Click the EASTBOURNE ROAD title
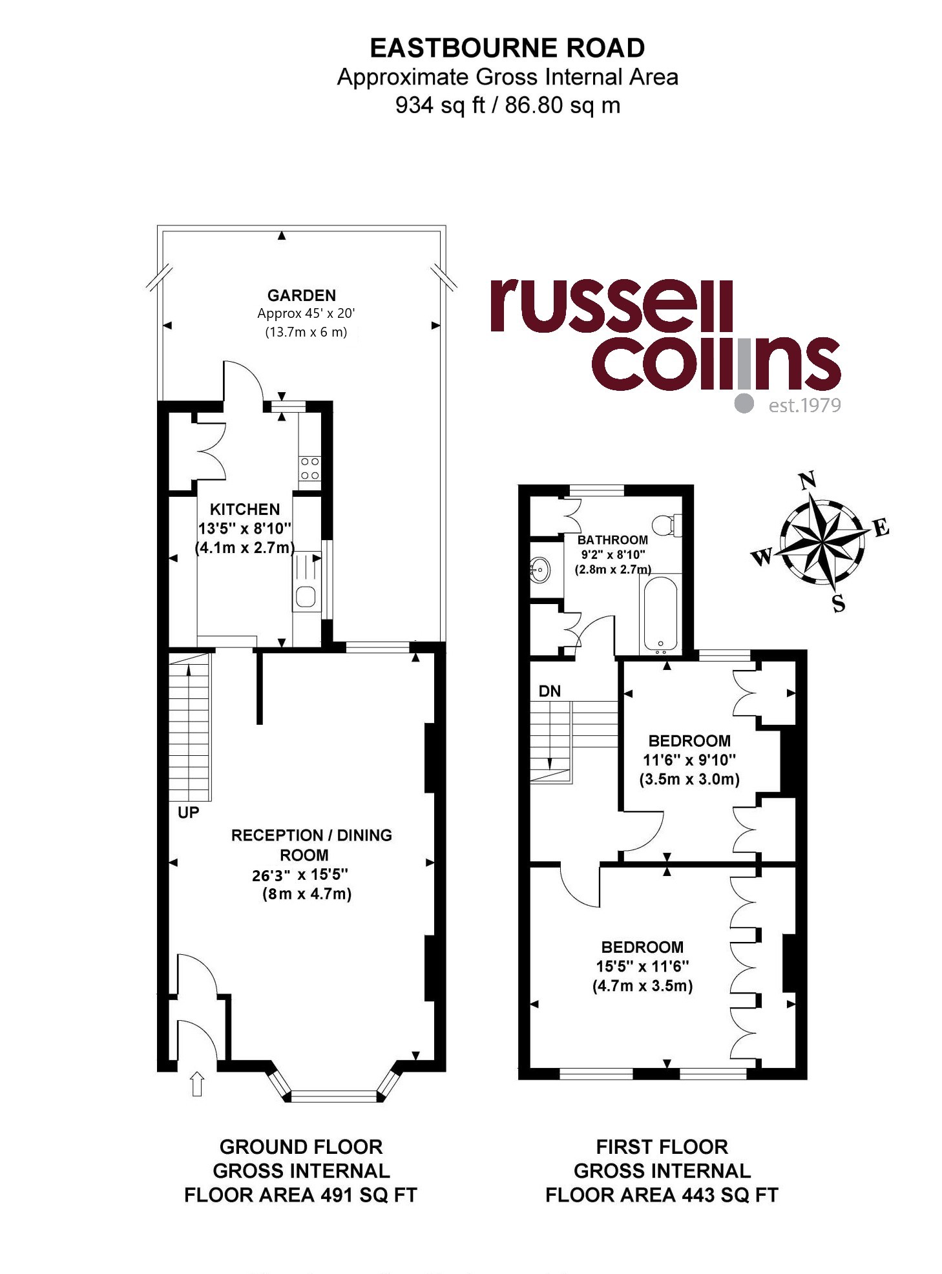[x=507, y=48]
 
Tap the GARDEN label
[x=302, y=295]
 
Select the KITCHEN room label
[x=245, y=509]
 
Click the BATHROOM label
[x=612, y=539]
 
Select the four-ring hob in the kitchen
[x=309, y=468]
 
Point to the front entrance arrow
[x=197, y=1084]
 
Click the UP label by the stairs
[x=188, y=812]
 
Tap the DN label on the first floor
[x=550, y=691]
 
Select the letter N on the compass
[x=807, y=481]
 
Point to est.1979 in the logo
[x=804, y=405]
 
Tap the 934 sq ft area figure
[x=440, y=105]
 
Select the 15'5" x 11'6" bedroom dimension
[x=643, y=966]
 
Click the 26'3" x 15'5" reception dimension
[x=300, y=875]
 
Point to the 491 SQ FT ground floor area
[x=368, y=1195]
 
